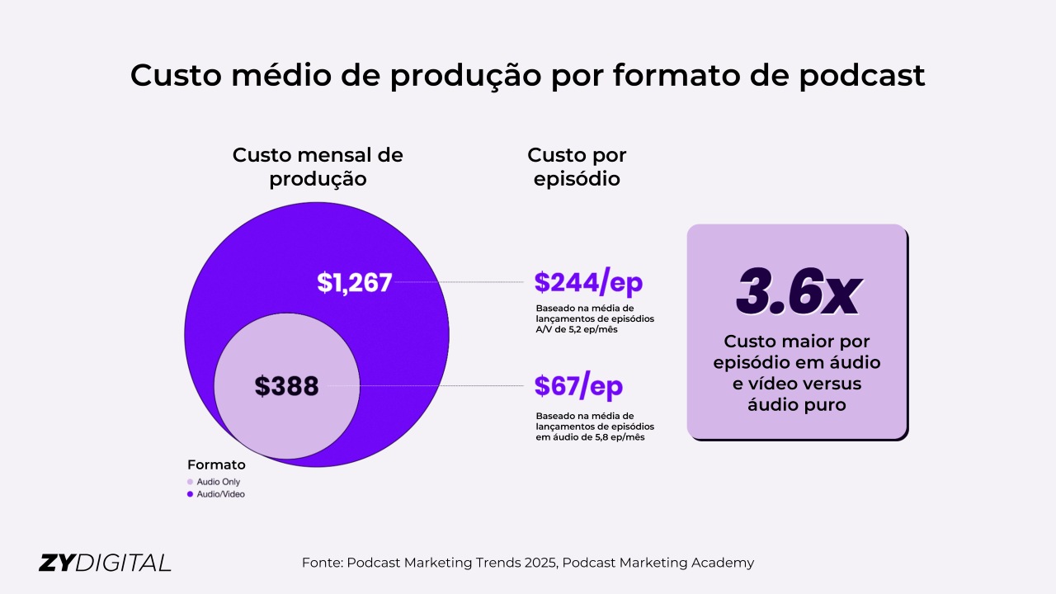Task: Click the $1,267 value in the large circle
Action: [354, 282]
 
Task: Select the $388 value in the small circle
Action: [286, 386]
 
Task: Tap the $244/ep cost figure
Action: [588, 282]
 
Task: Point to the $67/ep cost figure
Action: [578, 385]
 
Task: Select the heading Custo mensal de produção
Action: [318, 167]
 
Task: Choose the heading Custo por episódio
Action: [577, 167]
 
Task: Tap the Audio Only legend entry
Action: [219, 482]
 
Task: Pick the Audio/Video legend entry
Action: [220, 494]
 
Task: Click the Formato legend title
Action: [216, 464]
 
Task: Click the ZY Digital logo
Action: [105, 563]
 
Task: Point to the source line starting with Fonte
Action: [528, 563]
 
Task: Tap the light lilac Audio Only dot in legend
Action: [190, 482]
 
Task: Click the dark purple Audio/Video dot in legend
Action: [190, 494]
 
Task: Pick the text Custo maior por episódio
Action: [797, 351]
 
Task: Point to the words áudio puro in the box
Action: [797, 405]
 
